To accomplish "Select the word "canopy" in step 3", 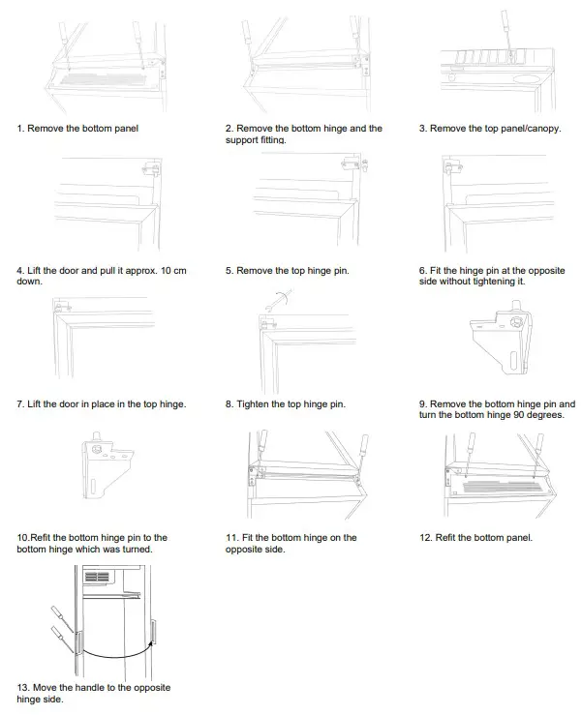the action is pyautogui.click(x=538, y=128).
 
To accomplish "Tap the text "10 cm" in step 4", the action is pyautogui.click(x=168, y=271).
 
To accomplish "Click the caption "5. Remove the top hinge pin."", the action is pyautogui.click(x=287, y=271).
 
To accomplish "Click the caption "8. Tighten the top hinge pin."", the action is pyautogui.click(x=285, y=403).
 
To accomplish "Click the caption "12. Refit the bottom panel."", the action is pyautogui.click(x=475, y=537).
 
